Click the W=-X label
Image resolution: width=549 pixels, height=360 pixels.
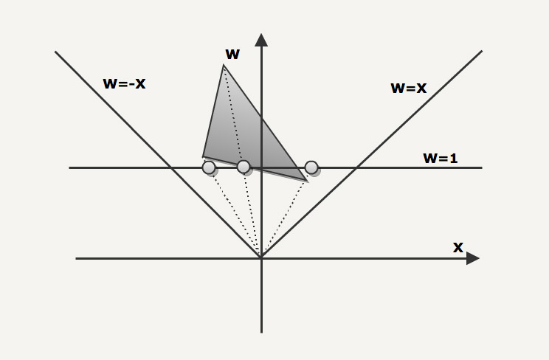click(x=124, y=83)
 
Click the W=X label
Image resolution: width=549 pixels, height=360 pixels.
click(x=409, y=88)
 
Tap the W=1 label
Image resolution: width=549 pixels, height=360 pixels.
click(x=441, y=159)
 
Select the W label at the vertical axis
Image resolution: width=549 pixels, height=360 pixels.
click(x=233, y=55)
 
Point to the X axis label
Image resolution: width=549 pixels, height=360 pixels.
click(x=458, y=248)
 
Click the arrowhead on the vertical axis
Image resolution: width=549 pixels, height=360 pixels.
click(x=261, y=40)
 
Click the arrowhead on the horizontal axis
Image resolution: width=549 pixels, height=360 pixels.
click(x=473, y=258)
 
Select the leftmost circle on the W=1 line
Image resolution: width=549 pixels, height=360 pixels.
click(x=209, y=167)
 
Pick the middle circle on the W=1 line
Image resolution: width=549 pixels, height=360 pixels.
click(x=244, y=167)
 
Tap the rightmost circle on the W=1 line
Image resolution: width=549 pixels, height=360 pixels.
click(x=311, y=167)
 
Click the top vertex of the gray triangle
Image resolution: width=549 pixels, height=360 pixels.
click(x=224, y=65)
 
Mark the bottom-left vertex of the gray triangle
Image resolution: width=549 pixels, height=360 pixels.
click(x=203, y=157)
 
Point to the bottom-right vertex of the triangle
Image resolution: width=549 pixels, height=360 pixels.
click(x=308, y=181)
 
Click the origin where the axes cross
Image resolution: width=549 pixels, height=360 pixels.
click(x=261, y=258)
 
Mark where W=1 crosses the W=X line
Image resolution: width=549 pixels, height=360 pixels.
click(x=356, y=168)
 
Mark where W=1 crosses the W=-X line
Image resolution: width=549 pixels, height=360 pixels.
click(x=171, y=168)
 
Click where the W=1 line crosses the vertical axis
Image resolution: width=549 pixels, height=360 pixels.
click(x=261, y=168)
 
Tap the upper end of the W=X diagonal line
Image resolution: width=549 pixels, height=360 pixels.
click(x=482, y=51)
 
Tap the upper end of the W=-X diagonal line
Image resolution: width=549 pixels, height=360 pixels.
click(x=55, y=52)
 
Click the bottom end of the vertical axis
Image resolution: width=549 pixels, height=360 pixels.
click(x=261, y=332)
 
